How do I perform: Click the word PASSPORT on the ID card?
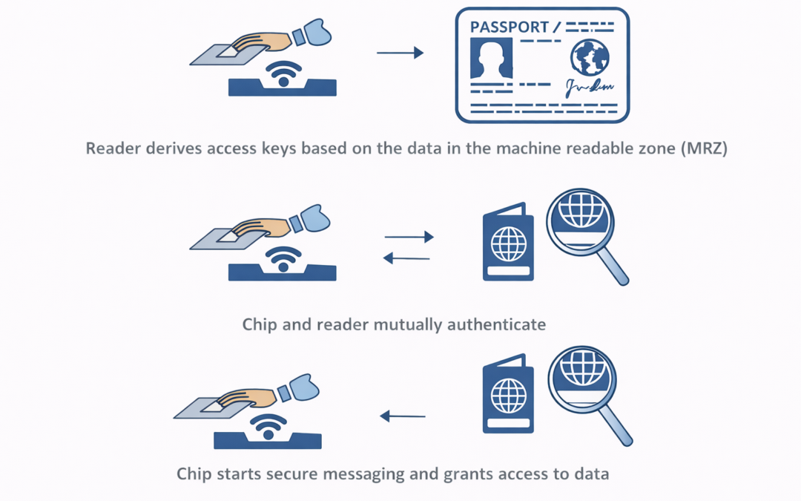click(x=509, y=27)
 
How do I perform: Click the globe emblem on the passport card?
click(x=590, y=56)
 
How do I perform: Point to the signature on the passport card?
click(x=590, y=87)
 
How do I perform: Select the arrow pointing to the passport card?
click(x=400, y=53)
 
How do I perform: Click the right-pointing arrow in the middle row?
click(x=409, y=237)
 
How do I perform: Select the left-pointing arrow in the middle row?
click(x=406, y=258)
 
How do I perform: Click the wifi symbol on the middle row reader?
click(x=283, y=258)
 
